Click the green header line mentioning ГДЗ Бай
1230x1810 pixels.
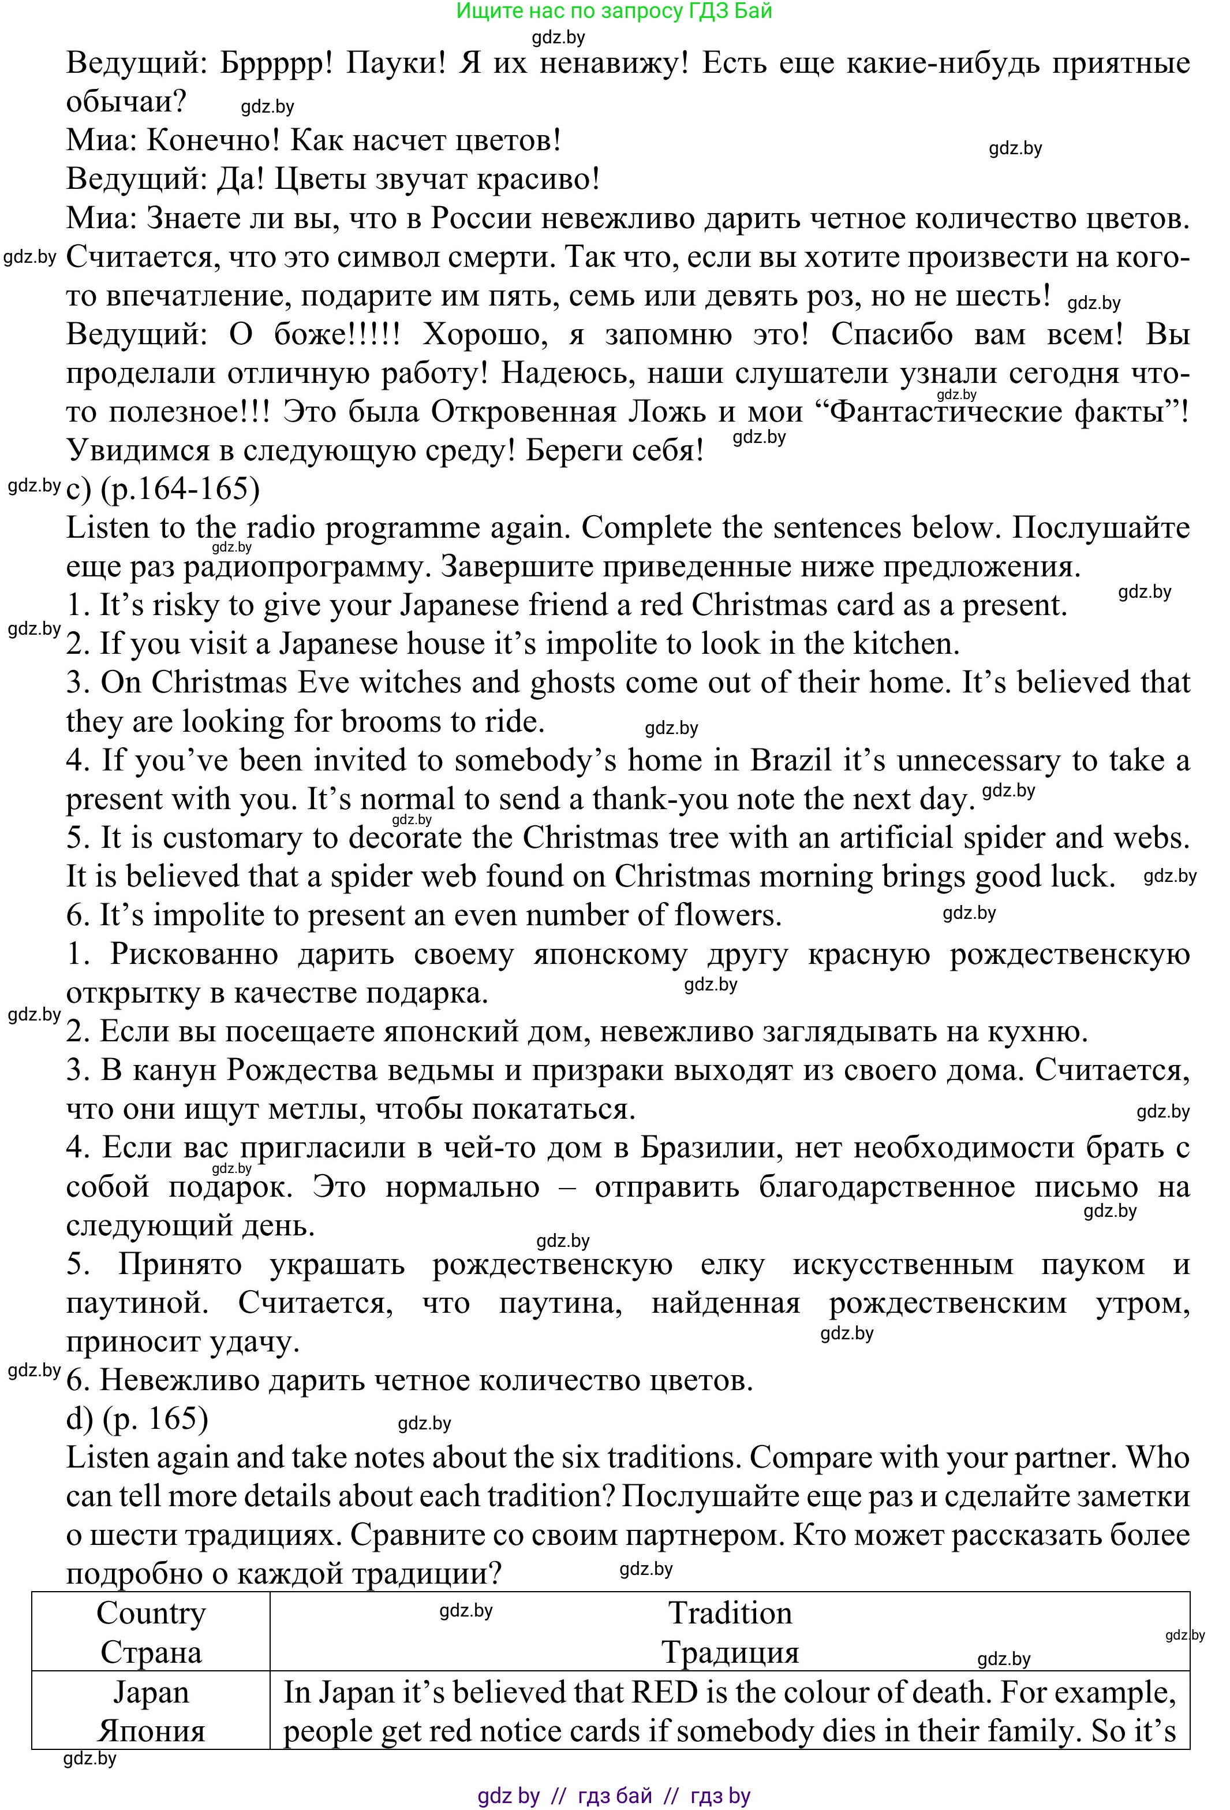(x=614, y=12)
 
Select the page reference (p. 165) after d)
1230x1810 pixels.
(x=156, y=1419)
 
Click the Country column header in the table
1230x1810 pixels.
(x=151, y=1614)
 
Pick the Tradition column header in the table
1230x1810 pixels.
(x=730, y=1614)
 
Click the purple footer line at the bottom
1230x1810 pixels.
(x=614, y=1797)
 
